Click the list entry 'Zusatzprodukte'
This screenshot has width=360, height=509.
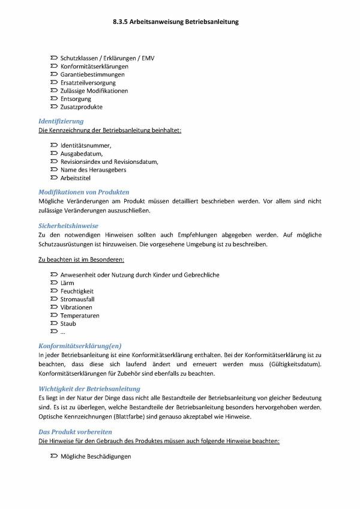81,107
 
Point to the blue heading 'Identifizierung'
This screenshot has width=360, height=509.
61,121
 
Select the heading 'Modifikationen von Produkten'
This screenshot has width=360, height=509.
83,192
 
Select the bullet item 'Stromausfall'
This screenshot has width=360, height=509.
77,299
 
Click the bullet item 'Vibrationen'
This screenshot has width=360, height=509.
76,307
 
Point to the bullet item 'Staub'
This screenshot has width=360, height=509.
68,324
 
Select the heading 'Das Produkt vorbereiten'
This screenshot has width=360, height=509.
75,432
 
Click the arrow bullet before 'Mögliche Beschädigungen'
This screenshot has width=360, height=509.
54,457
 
